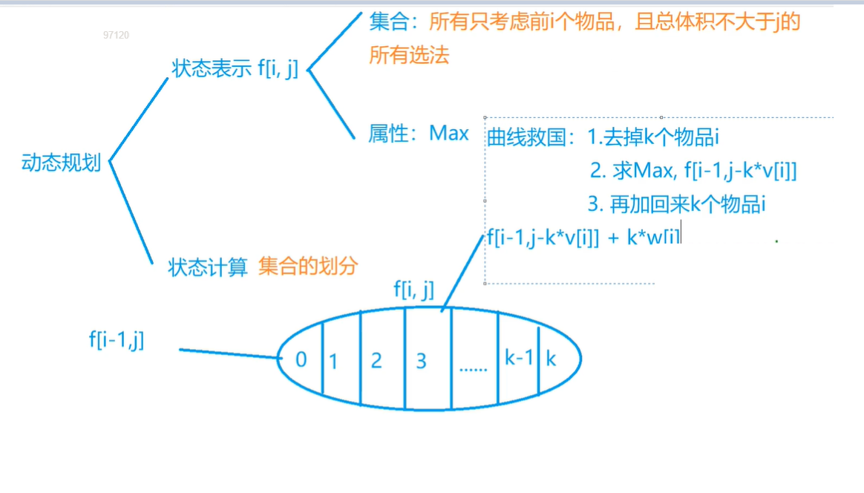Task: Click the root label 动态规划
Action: click(61, 163)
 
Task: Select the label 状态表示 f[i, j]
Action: click(235, 69)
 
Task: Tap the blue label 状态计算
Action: click(208, 267)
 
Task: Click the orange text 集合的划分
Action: click(308, 267)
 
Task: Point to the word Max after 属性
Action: click(449, 134)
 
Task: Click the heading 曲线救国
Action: click(526, 137)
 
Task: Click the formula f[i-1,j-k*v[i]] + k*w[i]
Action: click(583, 237)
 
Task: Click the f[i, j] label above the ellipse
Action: click(413, 290)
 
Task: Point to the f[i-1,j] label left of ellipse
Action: click(117, 340)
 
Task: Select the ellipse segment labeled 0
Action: click(301, 360)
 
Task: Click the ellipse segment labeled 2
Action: click(376, 361)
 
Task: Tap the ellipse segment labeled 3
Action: click(422, 361)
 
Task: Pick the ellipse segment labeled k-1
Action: click(519, 358)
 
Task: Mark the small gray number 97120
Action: click(116, 35)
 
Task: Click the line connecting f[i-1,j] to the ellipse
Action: click(230, 353)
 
